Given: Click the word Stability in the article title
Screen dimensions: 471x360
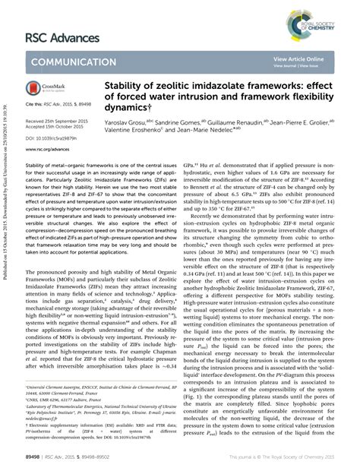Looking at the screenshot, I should pos(126,88).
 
